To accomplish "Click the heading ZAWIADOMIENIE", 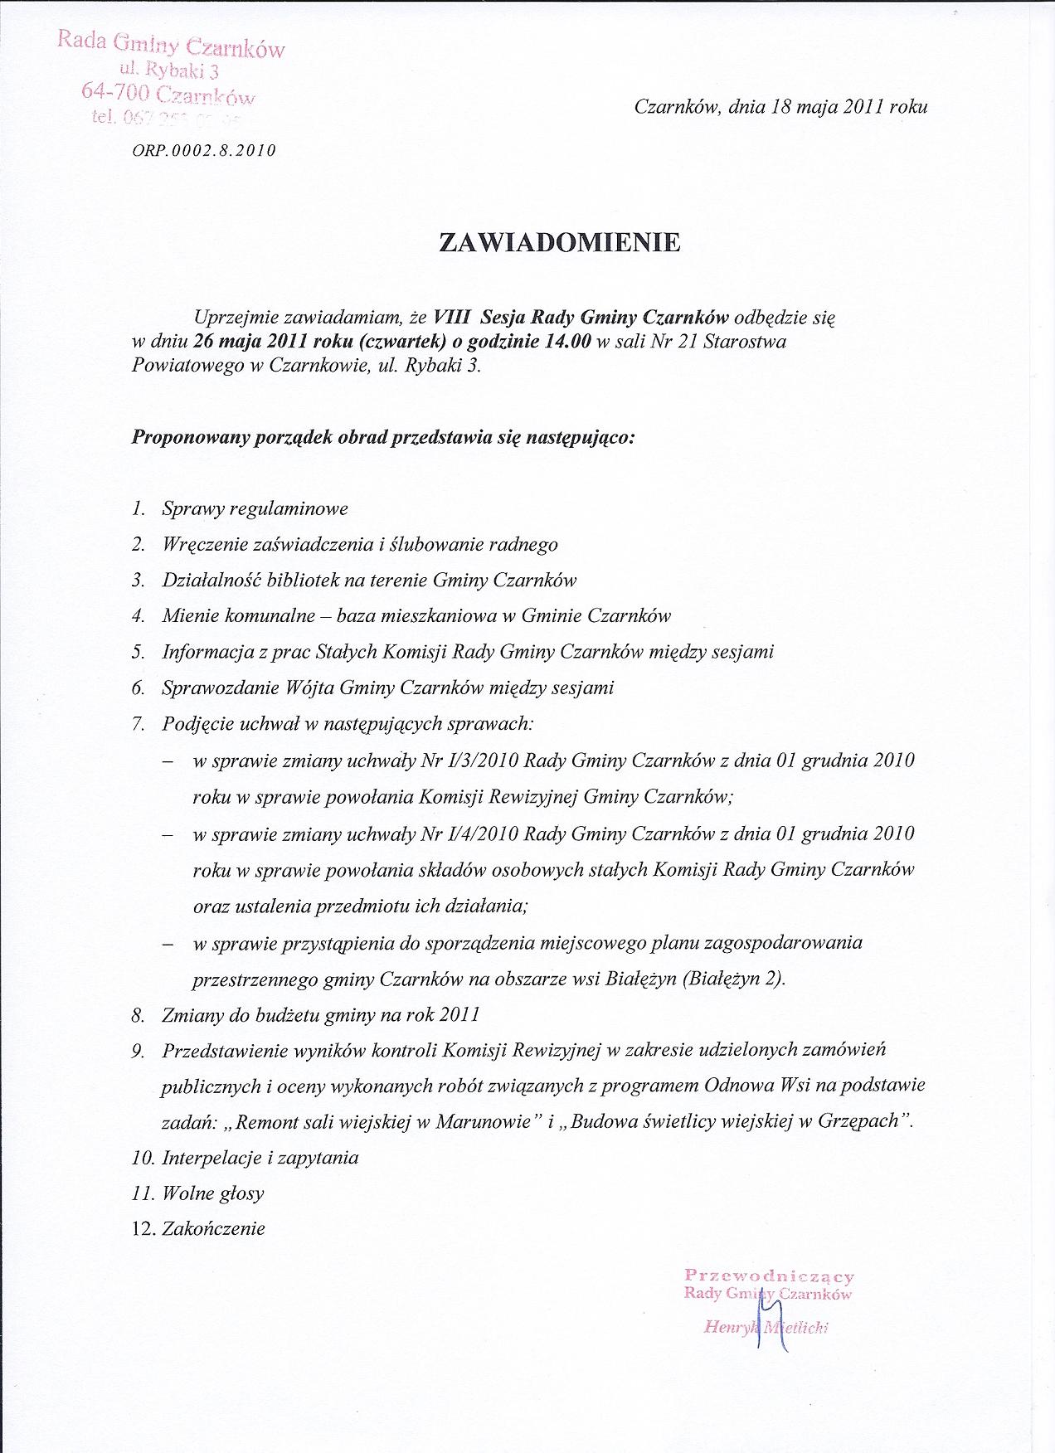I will (x=560, y=242).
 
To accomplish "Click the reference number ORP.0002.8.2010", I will (x=203, y=151).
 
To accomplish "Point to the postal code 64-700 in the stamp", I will (x=109, y=91).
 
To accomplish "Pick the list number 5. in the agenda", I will (x=139, y=652).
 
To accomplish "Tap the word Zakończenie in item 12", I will (x=213, y=1229).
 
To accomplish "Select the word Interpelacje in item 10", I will (x=211, y=1158).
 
